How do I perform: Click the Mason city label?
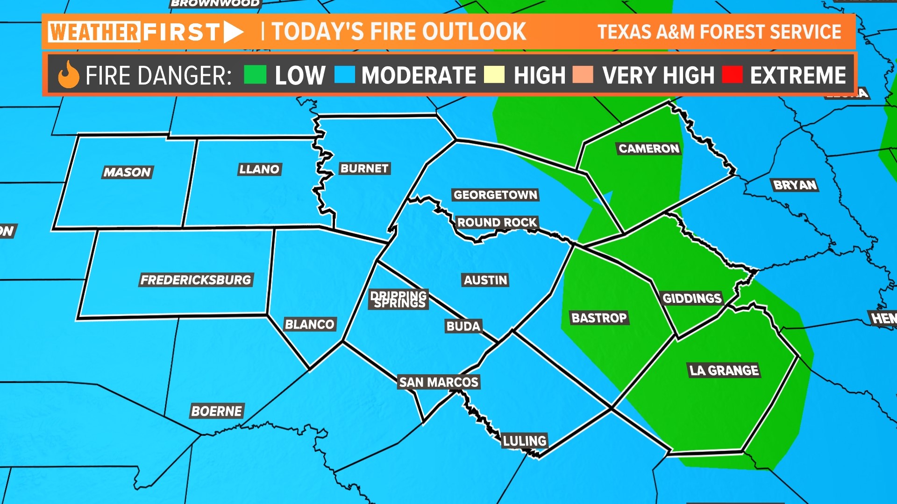(127, 172)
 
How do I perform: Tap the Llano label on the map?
(259, 169)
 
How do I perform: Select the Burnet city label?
(364, 168)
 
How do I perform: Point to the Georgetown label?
(495, 195)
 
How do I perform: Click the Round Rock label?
(497, 222)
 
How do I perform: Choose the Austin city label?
(485, 280)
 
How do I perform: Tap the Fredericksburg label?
(196, 280)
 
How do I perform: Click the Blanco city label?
(310, 324)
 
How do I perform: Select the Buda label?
(463, 326)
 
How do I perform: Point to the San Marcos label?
(439, 382)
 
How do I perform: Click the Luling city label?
(525, 441)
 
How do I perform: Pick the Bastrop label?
(599, 318)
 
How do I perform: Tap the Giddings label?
(692, 298)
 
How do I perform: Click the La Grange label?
(724, 371)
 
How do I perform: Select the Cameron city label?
(649, 149)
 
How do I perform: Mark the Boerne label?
(217, 411)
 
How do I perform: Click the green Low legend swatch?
(255, 75)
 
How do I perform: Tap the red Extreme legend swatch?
(732, 75)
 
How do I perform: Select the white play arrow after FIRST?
(233, 32)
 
